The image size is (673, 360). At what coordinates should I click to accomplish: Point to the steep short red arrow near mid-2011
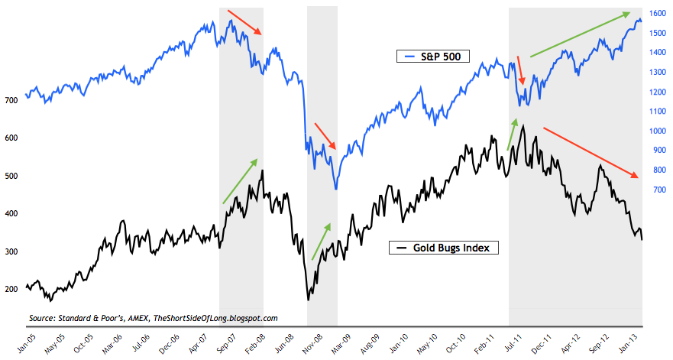coord(522,70)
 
